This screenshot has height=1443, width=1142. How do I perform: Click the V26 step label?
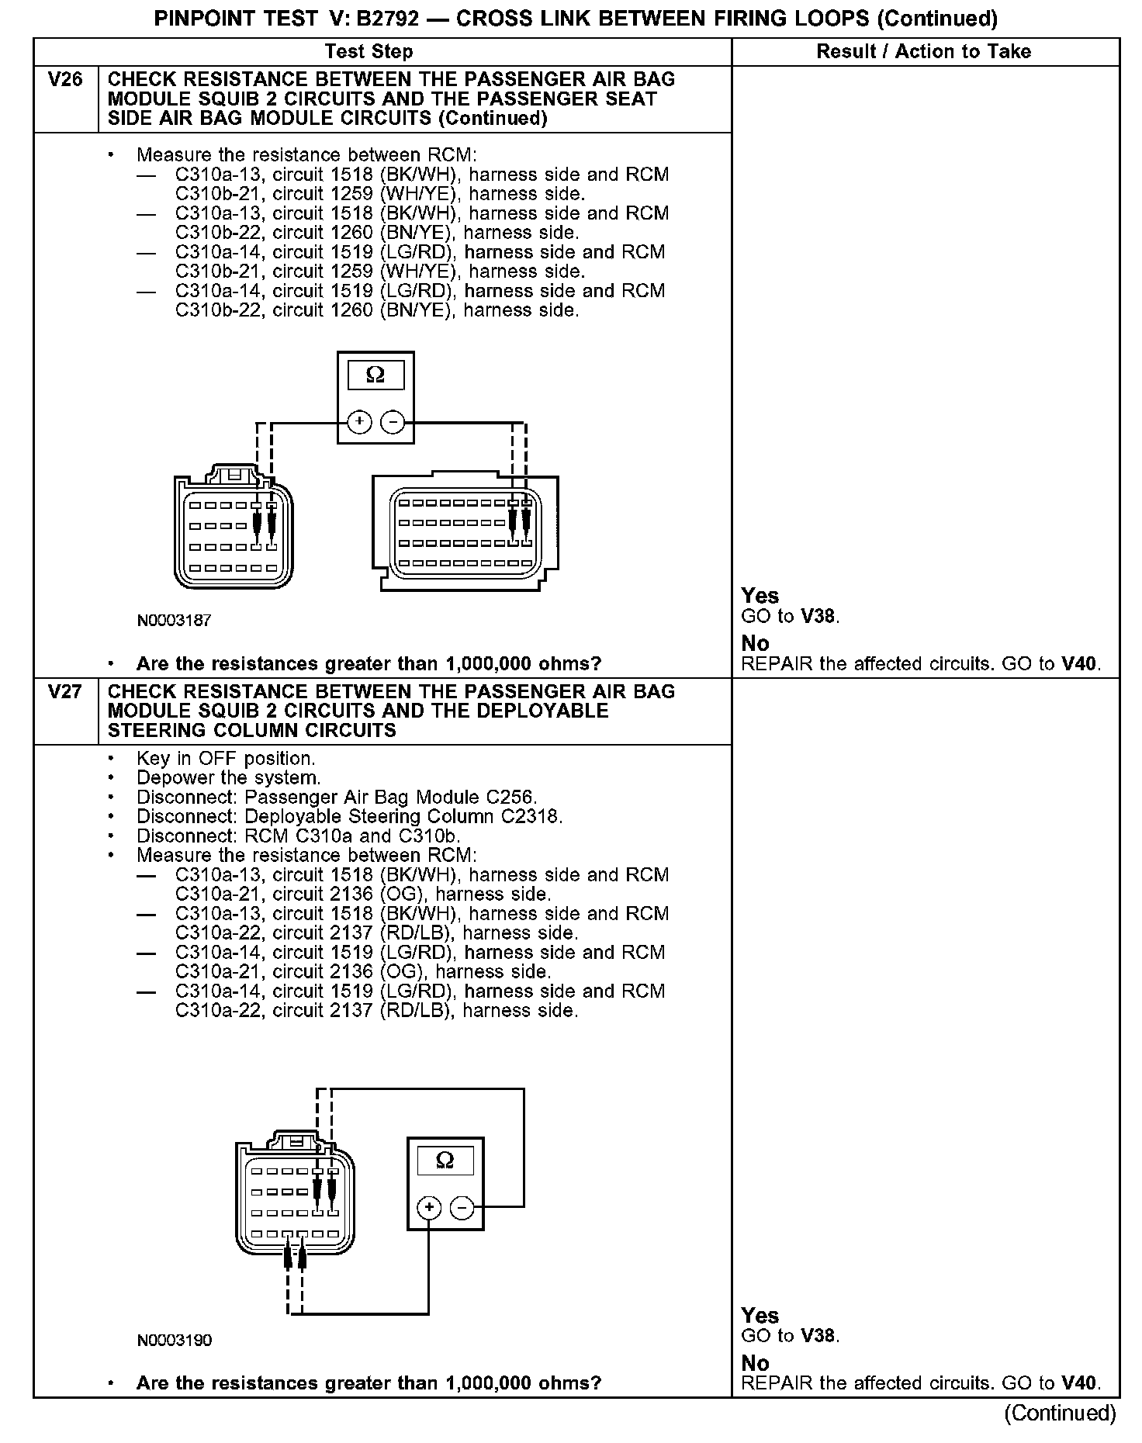point(65,80)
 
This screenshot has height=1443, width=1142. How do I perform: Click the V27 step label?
point(65,691)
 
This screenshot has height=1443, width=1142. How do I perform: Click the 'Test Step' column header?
point(369,52)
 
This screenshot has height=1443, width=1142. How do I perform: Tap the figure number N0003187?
point(174,621)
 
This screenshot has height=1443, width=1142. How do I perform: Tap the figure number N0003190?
point(174,1340)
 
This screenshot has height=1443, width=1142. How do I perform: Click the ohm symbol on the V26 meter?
point(375,375)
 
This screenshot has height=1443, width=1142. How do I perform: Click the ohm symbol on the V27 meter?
point(445,1160)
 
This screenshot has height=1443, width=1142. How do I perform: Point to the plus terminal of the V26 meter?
point(358,422)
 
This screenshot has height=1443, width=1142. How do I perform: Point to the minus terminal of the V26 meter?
point(393,422)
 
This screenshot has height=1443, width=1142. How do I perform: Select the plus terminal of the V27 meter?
point(429,1208)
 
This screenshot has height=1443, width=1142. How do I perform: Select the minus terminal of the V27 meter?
point(462,1208)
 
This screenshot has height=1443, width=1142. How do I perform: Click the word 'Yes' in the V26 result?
point(760,596)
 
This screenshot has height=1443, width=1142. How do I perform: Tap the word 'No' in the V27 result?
point(755,1363)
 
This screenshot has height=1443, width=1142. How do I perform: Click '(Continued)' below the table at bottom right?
point(1060,1414)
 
